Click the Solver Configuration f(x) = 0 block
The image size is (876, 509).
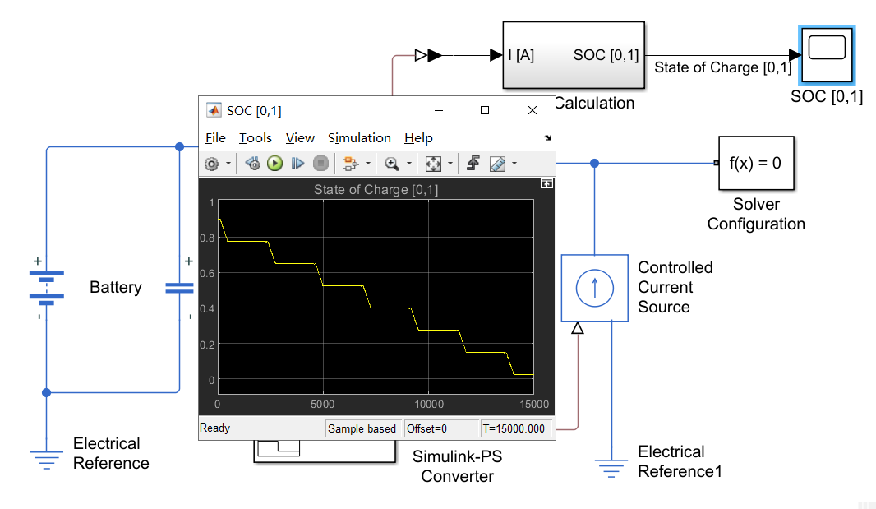coord(756,163)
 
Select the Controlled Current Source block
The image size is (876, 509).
coord(594,287)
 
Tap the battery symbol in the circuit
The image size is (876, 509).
coord(46,287)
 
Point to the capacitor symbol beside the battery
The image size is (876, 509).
coord(179,287)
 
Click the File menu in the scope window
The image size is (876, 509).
coord(215,137)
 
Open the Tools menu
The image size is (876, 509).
coord(255,137)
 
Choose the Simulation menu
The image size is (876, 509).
coord(359,137)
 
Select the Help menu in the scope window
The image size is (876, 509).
coord(418,137)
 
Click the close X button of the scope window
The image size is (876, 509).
coord(533,110)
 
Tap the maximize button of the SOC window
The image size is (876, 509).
coord(485,110)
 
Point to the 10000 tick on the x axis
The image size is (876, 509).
coord(429,405)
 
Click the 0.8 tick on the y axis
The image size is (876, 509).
coord(207,238)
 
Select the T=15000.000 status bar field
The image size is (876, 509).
coord(515,428)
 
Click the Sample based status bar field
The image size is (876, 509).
coord(362,428)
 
